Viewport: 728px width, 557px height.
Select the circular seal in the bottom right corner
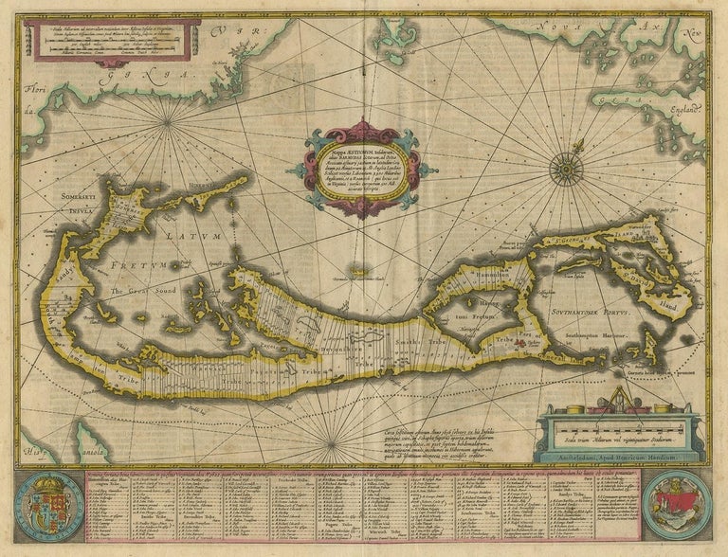677,504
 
